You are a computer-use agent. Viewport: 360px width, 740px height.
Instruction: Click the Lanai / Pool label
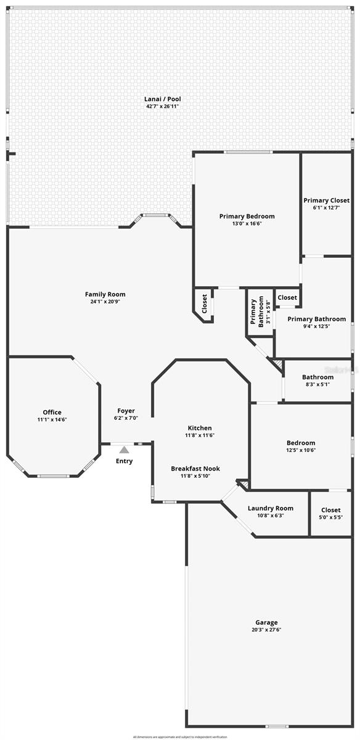[x=163, y=99]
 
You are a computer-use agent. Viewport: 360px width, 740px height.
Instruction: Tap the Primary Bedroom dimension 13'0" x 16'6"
[x=247, y=224]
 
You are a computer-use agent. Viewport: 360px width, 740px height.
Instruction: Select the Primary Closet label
[x=326, y=200]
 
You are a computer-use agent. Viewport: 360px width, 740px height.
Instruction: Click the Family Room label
[x=105, y=294]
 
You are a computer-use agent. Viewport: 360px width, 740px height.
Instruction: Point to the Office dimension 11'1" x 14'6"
[x=52, y=420]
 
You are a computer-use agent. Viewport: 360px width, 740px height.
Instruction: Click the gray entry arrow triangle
[x=124, y=450]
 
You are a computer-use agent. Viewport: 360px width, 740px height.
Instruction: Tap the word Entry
[x=124, y=461]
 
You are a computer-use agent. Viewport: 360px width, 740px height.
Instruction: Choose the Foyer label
[x=126, y=411]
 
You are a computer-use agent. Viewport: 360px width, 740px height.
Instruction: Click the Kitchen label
[x=200, y=427]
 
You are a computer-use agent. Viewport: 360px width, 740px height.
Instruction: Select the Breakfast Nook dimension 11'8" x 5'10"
[x=195, y=477]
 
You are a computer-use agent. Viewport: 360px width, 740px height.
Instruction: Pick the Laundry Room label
[x=270, y=508]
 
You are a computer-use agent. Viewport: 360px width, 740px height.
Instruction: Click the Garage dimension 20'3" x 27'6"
[x=267, y=630]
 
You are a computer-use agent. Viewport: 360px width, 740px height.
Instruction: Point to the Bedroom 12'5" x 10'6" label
[x=301, y=443]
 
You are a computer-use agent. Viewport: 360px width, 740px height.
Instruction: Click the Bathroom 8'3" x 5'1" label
[x=317, y=377]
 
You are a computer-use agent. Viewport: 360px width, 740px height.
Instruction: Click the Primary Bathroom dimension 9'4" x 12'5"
[x=317, y=327]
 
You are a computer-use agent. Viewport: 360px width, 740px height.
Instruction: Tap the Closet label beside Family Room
[x=205, y=303]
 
